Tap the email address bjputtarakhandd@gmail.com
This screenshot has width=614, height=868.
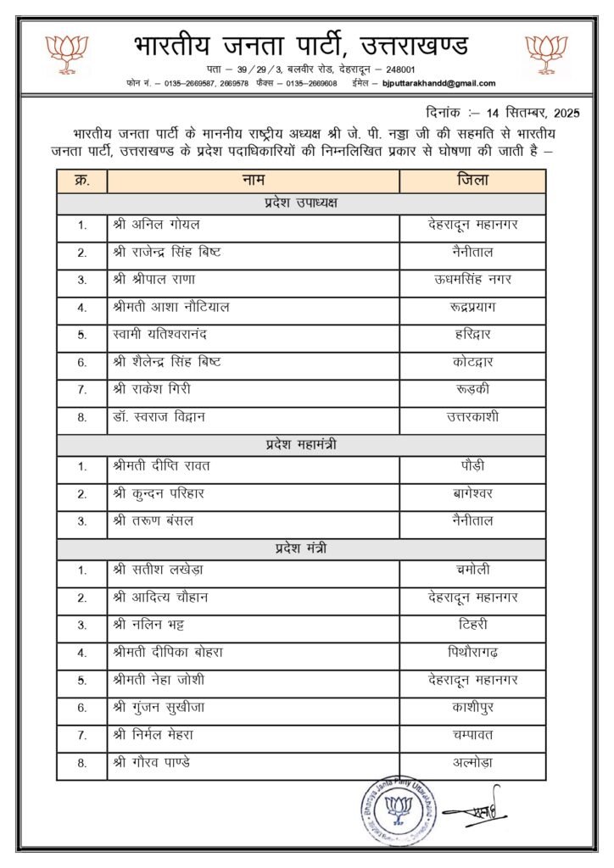tap(438, 83)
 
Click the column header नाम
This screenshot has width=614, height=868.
tap(253, 181)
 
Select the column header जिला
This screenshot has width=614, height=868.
tap(472, 181)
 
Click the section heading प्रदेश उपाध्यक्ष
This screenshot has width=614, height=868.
tap(301, 203)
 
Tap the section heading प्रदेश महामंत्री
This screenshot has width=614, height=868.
tap(301, 445)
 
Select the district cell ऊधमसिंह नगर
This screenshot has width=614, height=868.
tap(472, 280)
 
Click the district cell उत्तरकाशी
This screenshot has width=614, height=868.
tap(472, 417)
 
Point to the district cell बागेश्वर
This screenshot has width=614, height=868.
tap(472, 493)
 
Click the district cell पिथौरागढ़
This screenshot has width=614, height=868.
tap(472, 653)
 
